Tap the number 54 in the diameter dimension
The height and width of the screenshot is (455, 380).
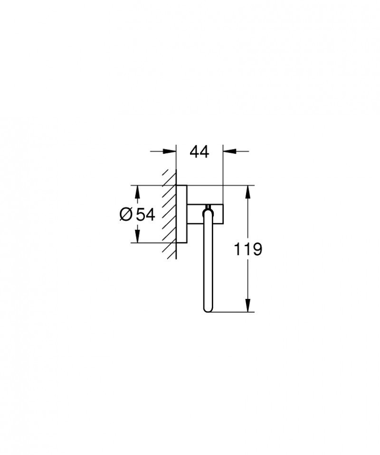(145, 214)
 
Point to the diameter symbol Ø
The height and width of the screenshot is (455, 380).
(126, 214)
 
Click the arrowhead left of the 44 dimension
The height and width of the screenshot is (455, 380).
(170, 151)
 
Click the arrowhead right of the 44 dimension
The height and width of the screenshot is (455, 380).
(229, 151)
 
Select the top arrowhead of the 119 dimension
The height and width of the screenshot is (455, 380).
(247, 192)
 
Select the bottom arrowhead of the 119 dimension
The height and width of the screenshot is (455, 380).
(247, 305)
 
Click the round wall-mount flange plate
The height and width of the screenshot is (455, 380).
(181, 214)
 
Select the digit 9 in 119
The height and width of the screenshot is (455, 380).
(256, 249)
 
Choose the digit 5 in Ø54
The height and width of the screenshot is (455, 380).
(140, 214)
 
